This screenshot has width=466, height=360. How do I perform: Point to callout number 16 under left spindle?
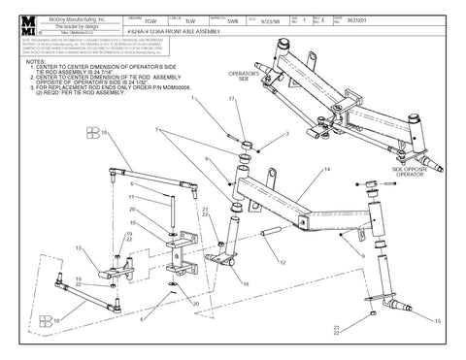coord(246,284)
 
